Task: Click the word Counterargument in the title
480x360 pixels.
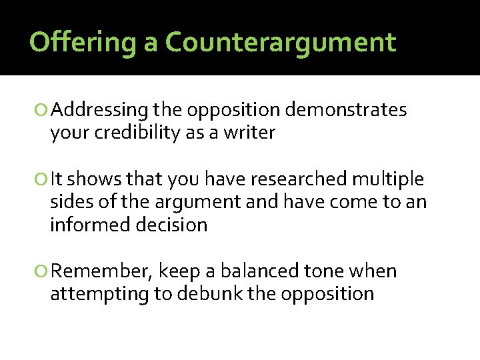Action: point(281,43)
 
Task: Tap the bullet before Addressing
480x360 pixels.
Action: point(44,111)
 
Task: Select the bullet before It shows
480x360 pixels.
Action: point(44,180)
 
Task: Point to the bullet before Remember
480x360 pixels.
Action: point(44,272)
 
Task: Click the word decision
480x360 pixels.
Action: point(171,225)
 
